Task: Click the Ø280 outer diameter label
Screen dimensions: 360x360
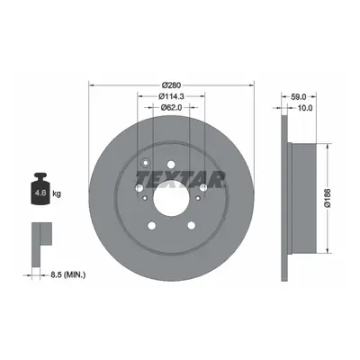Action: [171, 85]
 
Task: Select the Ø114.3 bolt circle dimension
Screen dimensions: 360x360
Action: [171, 96]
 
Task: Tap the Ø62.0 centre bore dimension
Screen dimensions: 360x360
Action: [171, 107]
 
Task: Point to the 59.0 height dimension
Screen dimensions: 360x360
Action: [299, 96]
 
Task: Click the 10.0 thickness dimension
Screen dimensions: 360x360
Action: [305, 107]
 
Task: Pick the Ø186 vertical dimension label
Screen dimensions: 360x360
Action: [328, 198]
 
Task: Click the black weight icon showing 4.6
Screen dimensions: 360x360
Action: [40, 189]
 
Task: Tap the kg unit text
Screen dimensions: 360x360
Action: [57, 193]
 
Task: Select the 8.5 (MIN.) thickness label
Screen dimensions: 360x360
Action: [67, 274]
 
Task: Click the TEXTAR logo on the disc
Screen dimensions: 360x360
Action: [180, 179]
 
